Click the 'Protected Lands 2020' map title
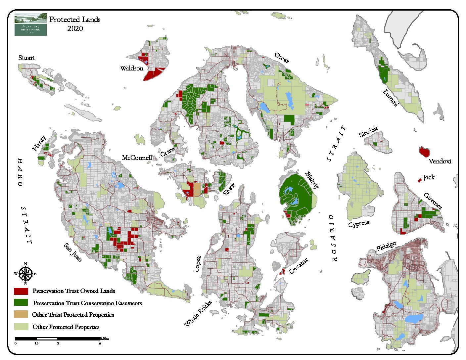75,24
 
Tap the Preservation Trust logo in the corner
30,24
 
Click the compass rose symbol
25,274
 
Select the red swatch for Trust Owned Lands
21,291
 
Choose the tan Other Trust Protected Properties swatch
21,314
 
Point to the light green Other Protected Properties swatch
21,327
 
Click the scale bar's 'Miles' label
105,339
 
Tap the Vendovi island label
440,161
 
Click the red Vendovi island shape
424,152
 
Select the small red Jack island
420,180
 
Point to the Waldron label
132,68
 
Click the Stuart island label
26,58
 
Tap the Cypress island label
359,224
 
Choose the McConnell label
137,158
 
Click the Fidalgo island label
386,247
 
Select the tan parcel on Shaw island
197,189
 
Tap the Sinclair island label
368,132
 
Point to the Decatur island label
299,266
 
